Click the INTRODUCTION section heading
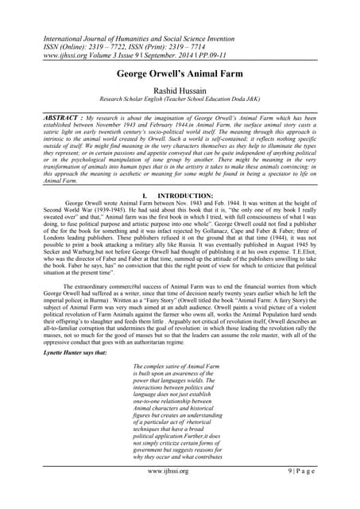(188, 194)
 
